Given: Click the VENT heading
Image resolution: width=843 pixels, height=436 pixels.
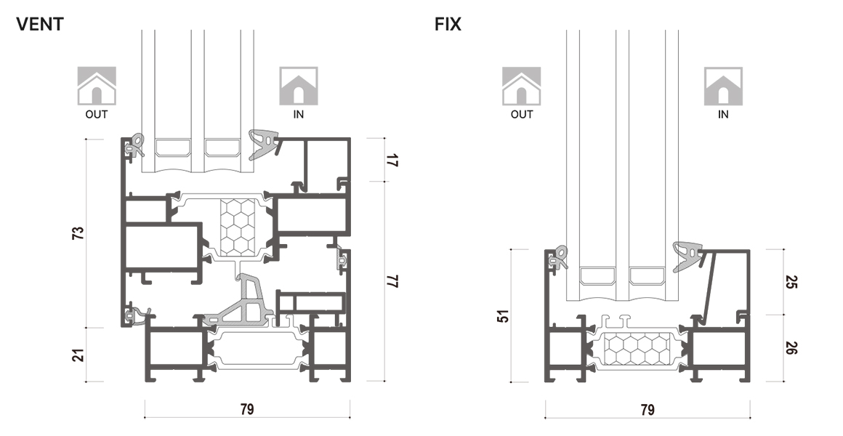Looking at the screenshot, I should tap(40, 24).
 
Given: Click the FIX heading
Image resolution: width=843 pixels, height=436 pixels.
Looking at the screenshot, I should tap(448, 24).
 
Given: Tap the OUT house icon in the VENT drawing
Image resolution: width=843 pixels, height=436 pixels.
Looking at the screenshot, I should tap(97, 85).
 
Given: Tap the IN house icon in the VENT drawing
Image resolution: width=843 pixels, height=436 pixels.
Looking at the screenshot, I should tap(299, 85).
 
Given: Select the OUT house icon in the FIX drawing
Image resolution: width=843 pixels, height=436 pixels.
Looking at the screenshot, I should tap(521, 85).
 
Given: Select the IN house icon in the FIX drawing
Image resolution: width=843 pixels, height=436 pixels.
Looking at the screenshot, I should tap(723, 85).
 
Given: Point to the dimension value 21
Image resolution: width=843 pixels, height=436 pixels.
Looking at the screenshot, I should tap(79, 355).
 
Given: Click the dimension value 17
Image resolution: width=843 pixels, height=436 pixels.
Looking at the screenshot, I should tap(392, 160).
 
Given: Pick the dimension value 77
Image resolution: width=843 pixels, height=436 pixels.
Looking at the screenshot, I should tap(392, 281).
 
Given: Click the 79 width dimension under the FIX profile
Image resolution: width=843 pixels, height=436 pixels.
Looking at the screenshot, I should tap(647, 409).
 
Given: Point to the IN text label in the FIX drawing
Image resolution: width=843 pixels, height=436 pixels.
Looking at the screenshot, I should tap(723, 114).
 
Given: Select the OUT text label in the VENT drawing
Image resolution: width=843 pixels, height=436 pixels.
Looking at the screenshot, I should tap(97, 114).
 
